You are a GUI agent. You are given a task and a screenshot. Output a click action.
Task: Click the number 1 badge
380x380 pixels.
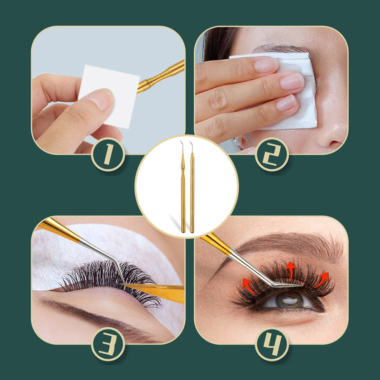(x=108, y=154)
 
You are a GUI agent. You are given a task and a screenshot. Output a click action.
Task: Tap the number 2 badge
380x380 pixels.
(x=272, y=154)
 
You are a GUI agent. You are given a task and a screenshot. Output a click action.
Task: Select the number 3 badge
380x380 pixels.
(x=108, y=344)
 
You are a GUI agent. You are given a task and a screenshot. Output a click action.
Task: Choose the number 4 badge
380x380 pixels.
(x=272, y=344)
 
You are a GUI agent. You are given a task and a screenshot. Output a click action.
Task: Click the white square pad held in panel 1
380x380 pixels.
(x=109, y=96)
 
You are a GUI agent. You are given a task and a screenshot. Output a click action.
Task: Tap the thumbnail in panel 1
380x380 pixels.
(x=102, y=99)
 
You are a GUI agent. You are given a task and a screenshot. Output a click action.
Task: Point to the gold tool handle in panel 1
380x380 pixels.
(x=161, y=76)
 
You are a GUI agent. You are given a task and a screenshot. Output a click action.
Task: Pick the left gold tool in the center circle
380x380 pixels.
(x=183, y=187)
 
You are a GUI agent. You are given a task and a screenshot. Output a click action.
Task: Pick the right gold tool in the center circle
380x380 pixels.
(x=192, y=187)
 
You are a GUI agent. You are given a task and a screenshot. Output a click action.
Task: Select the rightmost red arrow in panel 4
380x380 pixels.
(x=322, y=280)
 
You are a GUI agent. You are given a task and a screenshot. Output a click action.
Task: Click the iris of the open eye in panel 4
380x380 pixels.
(x=289, y=300)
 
